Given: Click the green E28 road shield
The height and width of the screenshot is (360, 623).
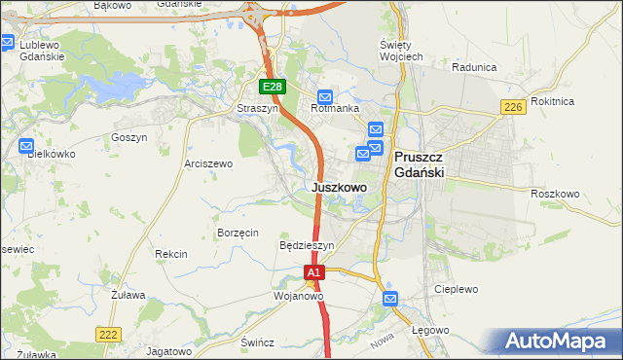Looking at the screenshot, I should click(x=273, y=88).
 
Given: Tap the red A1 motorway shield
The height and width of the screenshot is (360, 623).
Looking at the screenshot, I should click(x=313, y=274).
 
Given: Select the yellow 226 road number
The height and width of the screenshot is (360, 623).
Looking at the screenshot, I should click(x=514, y=107).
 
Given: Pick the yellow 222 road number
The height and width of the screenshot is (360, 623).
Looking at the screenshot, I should click(x=108, y=334).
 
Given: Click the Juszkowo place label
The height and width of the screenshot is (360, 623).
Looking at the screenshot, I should click(x=340, y=187).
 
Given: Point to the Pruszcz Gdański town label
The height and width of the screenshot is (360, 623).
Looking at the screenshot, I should click(x=420, y=163).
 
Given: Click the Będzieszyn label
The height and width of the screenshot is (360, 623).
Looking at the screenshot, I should click(x=307, y=246).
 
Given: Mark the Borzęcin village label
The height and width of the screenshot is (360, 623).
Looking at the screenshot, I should click(x=238, y=234).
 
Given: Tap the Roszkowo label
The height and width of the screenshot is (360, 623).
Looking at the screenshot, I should click(x=555, y=194).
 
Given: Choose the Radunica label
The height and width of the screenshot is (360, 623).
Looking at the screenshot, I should click(x=475, y=67).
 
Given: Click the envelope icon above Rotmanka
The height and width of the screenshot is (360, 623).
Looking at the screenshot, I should click(x=325, y=97).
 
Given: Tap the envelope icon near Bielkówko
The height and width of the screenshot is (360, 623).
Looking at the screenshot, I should click(x=26, y=146).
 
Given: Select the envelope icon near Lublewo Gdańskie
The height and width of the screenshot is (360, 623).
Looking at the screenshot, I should click(x=8, y=43).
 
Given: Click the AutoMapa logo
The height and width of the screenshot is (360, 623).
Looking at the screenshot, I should click(x=556, y=342).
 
